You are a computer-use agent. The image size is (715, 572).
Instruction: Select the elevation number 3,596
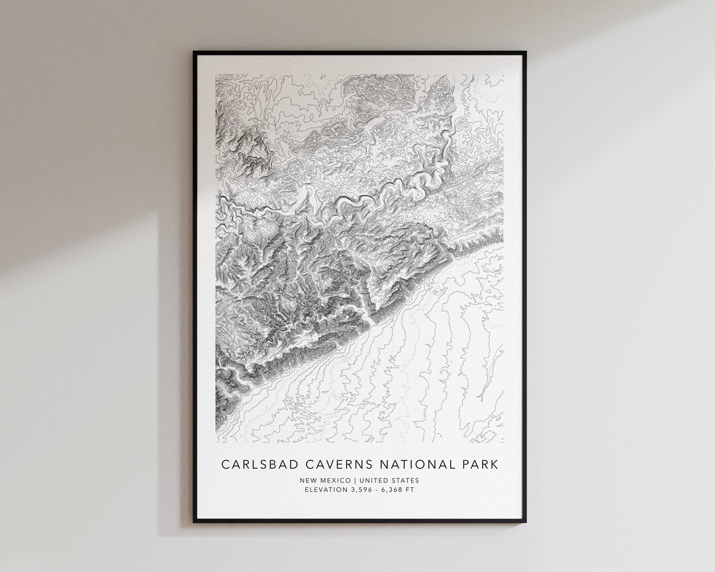coord(361,490)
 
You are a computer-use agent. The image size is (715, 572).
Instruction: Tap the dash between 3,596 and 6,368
coord(378,490)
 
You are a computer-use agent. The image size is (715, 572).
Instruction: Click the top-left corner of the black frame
coord(194,52)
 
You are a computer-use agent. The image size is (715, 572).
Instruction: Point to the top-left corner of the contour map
coord(216,74)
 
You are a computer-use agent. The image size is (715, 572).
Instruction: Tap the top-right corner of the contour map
coord(502,74)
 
